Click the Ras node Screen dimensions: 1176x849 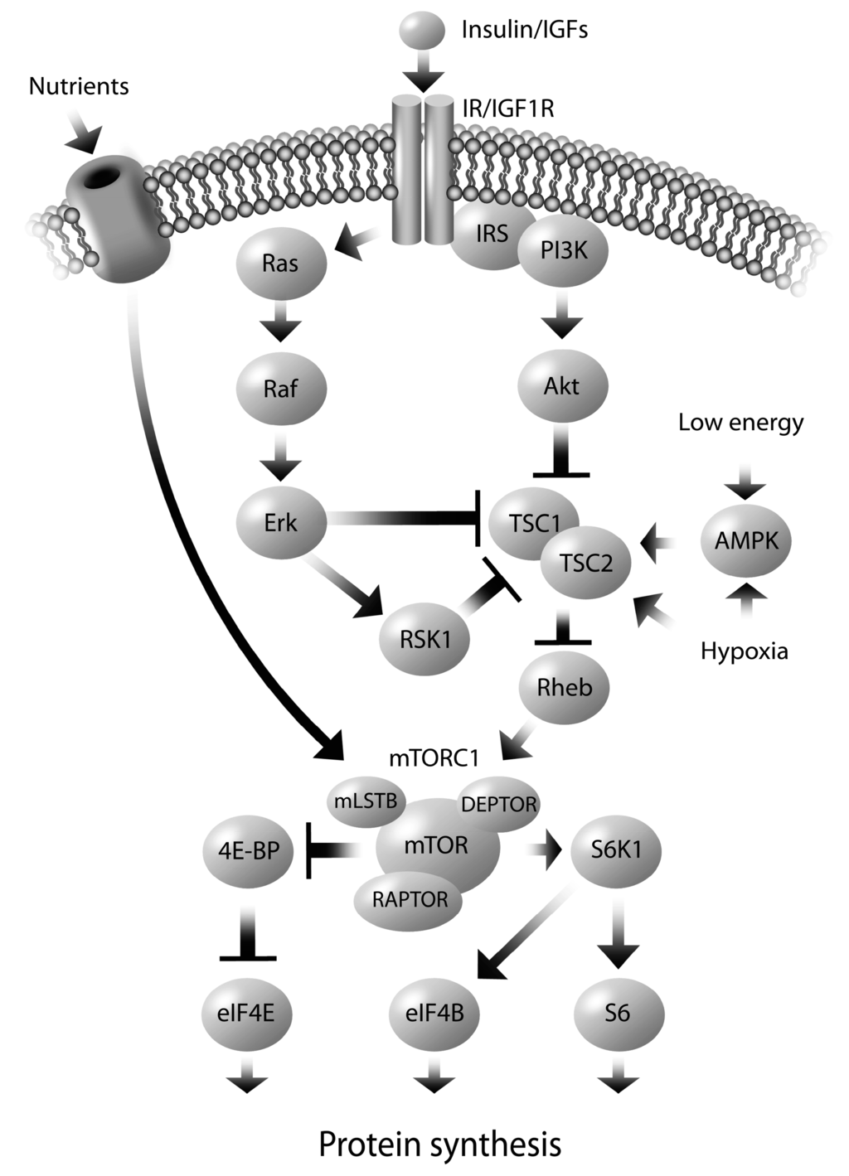(x=280, y=263)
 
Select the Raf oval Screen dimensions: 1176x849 (x=280, y=388)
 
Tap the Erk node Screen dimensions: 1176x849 (x=280, y=523)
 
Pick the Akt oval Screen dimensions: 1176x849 (x=562, y=385)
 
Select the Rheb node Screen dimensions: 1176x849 (x=564, y=686)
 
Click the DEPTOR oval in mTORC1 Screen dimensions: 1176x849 (x=498, y=803)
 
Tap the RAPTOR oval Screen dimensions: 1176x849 (x=410, y=899)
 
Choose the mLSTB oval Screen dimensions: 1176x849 (x=366, y=801)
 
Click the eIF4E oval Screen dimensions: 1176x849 (x=248, y=1013)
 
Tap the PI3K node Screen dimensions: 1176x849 (x=564, y=250)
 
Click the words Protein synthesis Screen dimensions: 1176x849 (x=439, y=1145)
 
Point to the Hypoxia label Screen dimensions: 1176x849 (x=744, y=651)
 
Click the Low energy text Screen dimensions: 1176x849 (x=740, y=423)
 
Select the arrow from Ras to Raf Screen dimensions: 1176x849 (x=280, y=325)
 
